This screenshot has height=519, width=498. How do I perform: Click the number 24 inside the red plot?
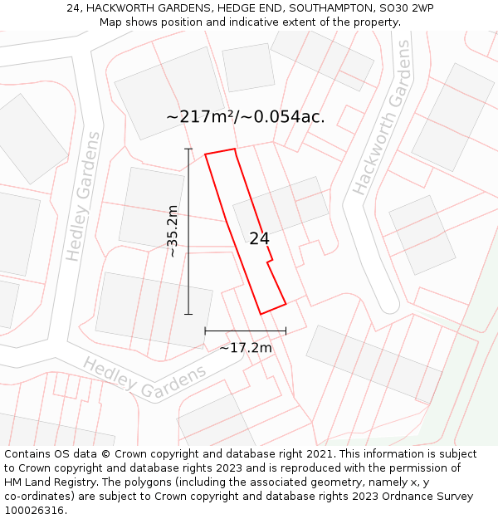click(x=259, y=239)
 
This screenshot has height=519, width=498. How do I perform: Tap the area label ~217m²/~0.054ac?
click(x=246, y=117)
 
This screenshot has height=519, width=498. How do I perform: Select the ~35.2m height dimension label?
click(x=172, y=231)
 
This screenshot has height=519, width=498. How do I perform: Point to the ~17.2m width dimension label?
click(x=246, y=348)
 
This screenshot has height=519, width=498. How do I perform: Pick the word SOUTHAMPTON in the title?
click(x=325, y=8)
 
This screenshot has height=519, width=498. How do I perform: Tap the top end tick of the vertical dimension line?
click(x=188, y=149)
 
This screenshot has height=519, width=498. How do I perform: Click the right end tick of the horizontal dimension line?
click(x=286, y=330)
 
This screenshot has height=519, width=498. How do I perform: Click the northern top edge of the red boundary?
click(x=221, y=151)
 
